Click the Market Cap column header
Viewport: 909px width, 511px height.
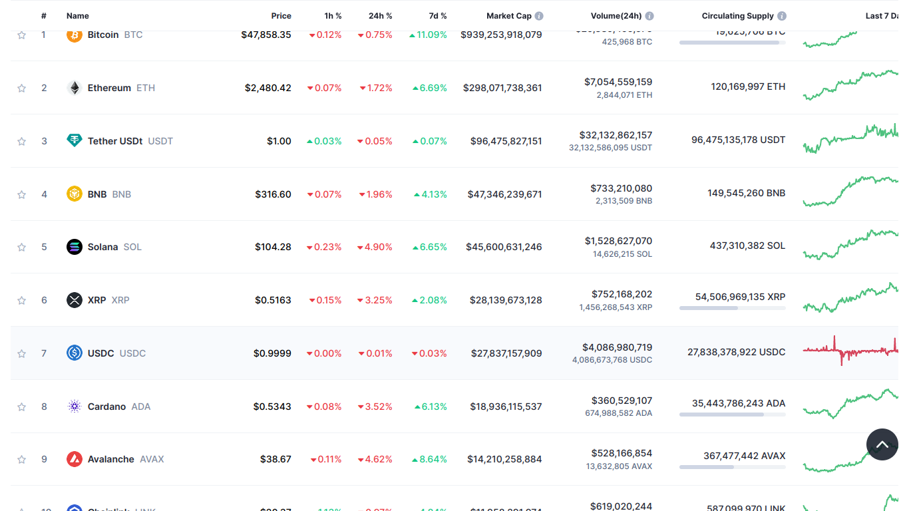[509, 16]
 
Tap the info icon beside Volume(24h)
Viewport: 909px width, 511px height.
[649, 16]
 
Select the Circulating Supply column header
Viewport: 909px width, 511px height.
[737, 16]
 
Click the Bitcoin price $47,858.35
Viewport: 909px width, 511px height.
[266, 35]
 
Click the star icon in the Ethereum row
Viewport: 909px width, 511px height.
[22, 88]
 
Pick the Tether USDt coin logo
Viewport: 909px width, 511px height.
[75, 140]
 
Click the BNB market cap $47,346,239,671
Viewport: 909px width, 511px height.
[504, 194]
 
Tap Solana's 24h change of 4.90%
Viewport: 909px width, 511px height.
[375, 247]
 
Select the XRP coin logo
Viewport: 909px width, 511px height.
[75, 300]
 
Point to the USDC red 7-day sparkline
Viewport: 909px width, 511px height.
[850, 350]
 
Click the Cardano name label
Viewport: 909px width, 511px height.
[106, 407]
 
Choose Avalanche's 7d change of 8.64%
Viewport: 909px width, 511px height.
[429, 459]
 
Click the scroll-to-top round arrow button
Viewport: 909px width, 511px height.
[882, 444]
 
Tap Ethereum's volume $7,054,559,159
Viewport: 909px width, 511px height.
[618, 82]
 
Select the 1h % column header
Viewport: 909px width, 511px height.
[333, 16]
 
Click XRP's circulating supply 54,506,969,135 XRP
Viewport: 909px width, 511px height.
[740, 297]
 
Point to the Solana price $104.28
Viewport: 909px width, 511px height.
[273, 247]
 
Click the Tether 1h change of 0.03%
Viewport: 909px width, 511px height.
[324, 141]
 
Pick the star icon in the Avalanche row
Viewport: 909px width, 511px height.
[22, 459]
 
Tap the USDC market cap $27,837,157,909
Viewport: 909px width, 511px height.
[506, 353]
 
